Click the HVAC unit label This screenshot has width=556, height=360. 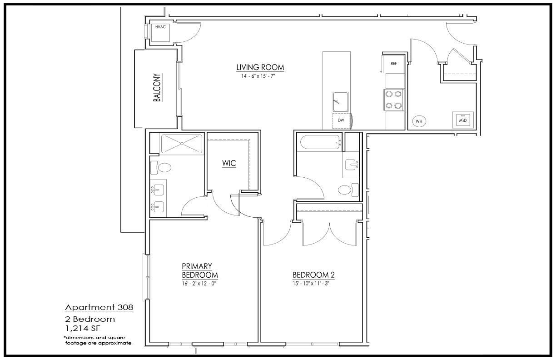160,27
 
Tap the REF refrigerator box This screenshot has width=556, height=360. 393,64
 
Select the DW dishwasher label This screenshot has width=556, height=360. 341,120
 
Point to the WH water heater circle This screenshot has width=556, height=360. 419,121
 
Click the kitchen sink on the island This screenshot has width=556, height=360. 341,102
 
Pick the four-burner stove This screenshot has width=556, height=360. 393,100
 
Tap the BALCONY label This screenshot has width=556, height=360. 157,87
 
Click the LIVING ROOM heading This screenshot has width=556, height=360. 260,67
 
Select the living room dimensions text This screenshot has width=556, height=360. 258,76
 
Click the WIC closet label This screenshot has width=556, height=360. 229,163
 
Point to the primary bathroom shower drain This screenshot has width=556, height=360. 182,144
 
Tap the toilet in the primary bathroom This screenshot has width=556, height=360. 161,168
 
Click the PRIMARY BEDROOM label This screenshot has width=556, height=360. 200,271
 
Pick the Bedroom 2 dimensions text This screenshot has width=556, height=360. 311,284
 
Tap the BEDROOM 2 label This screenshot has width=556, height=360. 313,275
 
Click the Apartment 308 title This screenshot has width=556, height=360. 99,308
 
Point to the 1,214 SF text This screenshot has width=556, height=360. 83,329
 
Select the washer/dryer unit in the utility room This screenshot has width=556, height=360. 463,120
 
